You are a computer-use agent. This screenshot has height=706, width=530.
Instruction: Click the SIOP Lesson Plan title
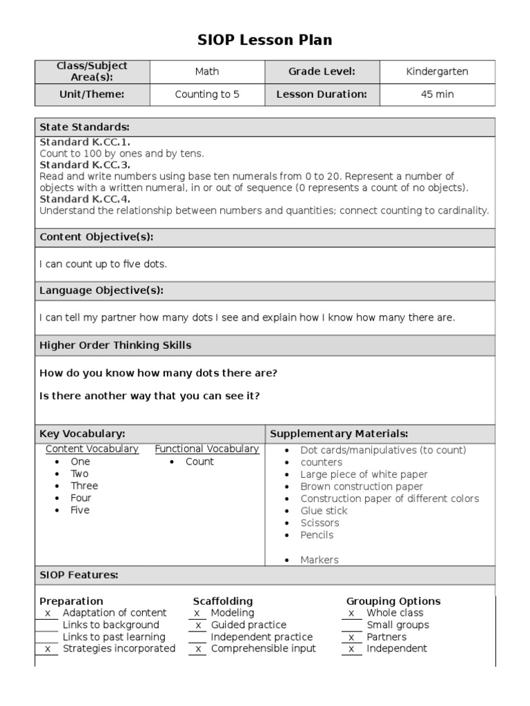pyautogui.click(x=265, y=40)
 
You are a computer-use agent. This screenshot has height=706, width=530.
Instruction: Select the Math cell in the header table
pyautogui.click(x=207, y=72)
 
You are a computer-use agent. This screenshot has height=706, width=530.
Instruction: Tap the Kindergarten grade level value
pyautogui.click(x=437, y=72)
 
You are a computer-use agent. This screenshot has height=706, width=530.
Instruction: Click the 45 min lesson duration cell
pyautogui.click(x=437, y=94)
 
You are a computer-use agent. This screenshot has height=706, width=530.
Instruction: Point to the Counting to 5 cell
pyautogui.click(x=207, y=94)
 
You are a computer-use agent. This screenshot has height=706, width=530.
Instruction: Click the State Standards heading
pyautogui.click(x=85, y=128)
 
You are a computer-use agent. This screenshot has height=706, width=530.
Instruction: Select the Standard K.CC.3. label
pyautogui.click(x=85, y=165)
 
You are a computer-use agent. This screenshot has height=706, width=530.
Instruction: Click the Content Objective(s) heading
pyautogui.click(x=97, y=237)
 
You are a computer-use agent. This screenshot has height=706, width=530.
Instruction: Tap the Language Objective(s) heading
pyautogui.click(x=101, y=291)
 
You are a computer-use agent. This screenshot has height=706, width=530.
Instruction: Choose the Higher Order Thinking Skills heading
pyautogui.click(x=115, y=345)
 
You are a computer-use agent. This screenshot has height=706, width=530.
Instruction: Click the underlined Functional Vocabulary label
pyautogui.click(x=207, y=449)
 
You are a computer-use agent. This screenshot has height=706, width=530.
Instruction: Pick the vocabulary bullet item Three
pyautogui.click(x=84, y=486)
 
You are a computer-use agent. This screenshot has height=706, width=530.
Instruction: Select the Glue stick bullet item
pyautogui.click(x=324, y=511)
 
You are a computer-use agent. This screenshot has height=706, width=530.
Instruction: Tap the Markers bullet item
pyautogui.click(x=320, y=560)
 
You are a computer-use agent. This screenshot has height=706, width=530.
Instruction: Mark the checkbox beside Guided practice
pyautogui.click(x=197, y=625)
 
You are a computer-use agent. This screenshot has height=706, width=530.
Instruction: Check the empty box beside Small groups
pyautogui.click(x=353, y=625)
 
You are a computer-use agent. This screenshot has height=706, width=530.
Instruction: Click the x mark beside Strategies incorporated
pyautogui.click(x=48, y=649)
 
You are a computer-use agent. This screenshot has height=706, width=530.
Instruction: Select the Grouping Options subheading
pyautogui.click(x=393, y=601)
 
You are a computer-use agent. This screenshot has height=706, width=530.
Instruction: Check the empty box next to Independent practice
pyautogui.click(x=197, y=638)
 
